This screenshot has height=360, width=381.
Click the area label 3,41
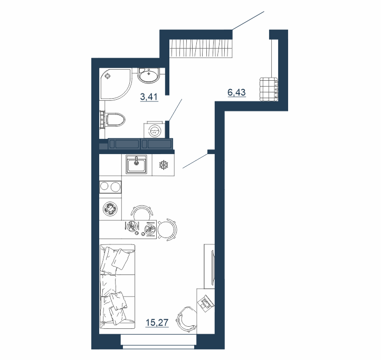point(149,97)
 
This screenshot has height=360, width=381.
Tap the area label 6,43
point(236,92)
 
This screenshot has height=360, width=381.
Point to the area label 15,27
point(157,323)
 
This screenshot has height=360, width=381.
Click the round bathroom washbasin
point(148,74)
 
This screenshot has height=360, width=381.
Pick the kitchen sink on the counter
point(136,164)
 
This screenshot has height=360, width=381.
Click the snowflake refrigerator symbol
point(164,165)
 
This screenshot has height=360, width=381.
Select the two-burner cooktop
point(110,187)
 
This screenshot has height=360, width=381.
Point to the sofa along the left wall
point(117,287)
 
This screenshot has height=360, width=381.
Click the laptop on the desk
point(206,302)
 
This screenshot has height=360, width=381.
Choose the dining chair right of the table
point(167,230)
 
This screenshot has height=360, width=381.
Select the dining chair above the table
point(142,212)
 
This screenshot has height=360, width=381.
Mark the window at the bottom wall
point(158,342)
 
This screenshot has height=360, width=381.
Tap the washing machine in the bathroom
point(155,131)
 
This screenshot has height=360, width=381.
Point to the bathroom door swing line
point(175,110)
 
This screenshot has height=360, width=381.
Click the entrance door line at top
point(248,21)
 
